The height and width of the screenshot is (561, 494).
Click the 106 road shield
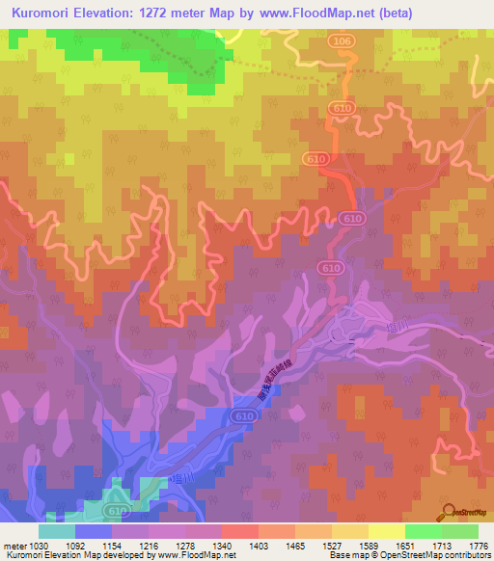pyautogui.click(x=339, y=42)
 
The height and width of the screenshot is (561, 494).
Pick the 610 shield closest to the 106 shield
pyautogui.click(x=338, y=110)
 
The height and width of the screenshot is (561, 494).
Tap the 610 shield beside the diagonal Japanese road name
pyautogui.click(x=243, y=415)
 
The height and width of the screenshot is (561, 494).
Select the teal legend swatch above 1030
pyautogui.click(x=57, y=531)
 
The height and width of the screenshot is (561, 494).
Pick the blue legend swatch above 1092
pyautogui.click(x=94, y=531)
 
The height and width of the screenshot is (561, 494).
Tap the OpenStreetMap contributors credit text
pyautogui.click(x=435, y=555)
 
